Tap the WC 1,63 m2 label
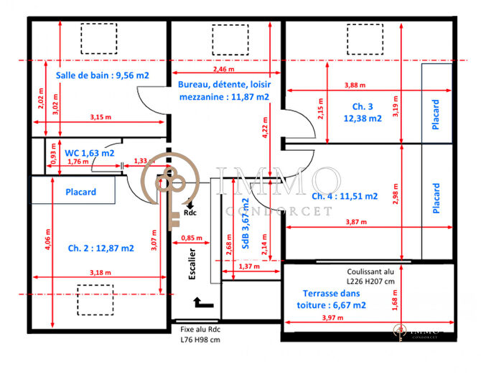[90, 152]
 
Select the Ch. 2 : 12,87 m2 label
[100, 248]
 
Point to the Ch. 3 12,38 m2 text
[362, 113]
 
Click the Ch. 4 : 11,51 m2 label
[345, 195]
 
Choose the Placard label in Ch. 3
[436, 114]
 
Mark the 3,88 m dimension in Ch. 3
[354, 85]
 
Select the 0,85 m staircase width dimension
[191, 238]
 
